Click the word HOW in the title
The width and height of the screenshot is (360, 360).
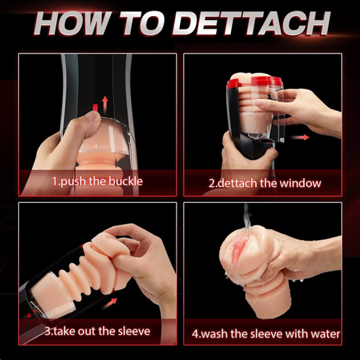[72, 23]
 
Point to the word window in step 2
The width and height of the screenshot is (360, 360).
[300, 183]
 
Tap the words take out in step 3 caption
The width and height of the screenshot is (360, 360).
[73, 331]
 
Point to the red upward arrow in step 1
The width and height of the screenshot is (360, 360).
[105, 105]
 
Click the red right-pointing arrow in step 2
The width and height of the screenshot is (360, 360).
[300, 137]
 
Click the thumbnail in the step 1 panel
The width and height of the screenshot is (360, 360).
[93, 118]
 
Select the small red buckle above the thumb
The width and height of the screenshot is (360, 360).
[95, 107]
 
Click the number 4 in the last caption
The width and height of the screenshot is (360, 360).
[195, 334]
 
